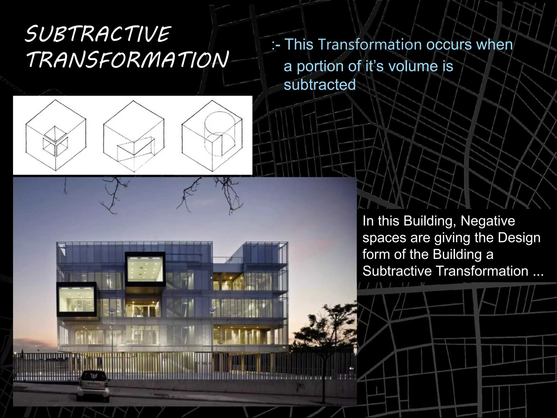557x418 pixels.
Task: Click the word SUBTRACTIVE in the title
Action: [98, 35]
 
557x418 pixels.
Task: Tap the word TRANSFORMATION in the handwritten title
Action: [127, 60]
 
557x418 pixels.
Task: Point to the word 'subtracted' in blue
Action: [320, 85]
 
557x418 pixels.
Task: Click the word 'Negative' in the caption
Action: [488, 221]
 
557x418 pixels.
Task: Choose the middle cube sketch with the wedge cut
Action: [134, 136]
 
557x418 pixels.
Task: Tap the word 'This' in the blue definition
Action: [299, 44]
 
